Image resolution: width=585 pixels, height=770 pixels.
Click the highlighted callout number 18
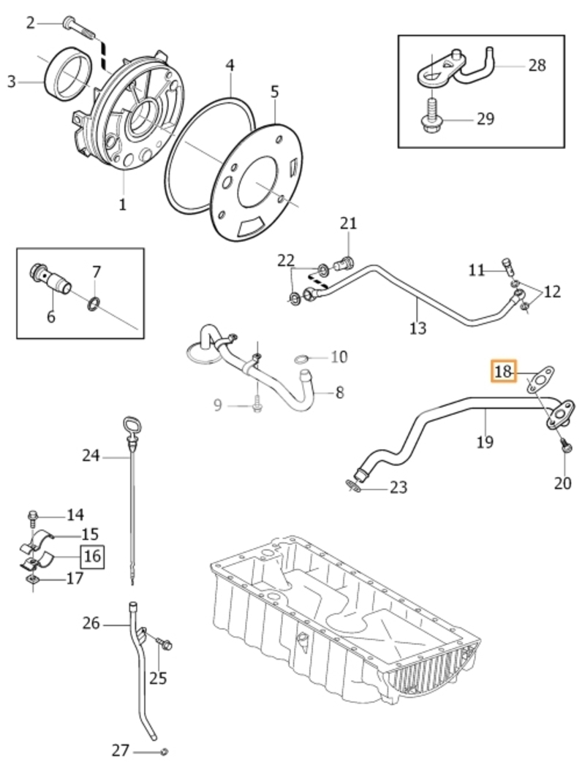[503, 371]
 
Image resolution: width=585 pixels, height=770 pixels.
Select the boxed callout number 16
[92, 556]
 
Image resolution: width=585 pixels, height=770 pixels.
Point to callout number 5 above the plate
[274, 91]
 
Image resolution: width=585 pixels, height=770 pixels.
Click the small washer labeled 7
[94, 304]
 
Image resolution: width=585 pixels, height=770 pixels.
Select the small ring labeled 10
[301, 360]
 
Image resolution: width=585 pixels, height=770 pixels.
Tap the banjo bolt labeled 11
[509, 266]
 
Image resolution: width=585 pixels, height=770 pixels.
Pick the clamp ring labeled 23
[353, 486]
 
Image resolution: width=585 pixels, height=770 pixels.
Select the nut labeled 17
[31, 581]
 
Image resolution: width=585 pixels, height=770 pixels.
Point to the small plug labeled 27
[165, 751]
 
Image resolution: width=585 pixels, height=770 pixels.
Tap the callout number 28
[537, 65]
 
